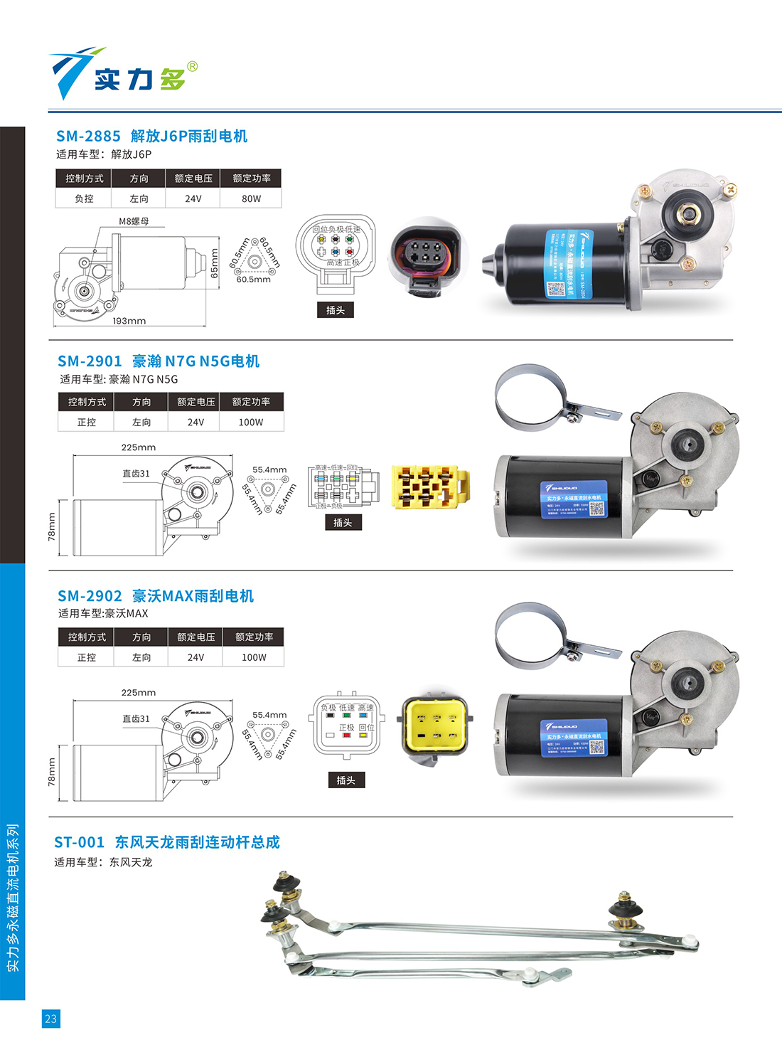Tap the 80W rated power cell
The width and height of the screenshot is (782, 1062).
coord(251,199)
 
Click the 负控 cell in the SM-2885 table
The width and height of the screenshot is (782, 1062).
coord(84,199)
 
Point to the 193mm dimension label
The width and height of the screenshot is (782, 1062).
coord(129,322)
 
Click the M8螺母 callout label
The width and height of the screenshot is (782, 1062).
coord(134,221)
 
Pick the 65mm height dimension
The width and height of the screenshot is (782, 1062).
coord(215,263)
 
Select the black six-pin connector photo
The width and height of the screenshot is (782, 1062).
coord(425,257)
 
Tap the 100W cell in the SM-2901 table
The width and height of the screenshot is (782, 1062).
coord(251,423)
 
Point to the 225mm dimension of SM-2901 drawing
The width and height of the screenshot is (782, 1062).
coord(139,447)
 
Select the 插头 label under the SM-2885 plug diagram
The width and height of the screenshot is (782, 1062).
coord(336,310)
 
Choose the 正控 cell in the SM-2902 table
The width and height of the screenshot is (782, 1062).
coord(87,658)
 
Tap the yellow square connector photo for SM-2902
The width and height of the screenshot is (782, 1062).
coord(436,727)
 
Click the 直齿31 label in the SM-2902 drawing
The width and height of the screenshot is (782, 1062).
coord(136,719)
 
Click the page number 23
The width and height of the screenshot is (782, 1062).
coord(50,1019)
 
